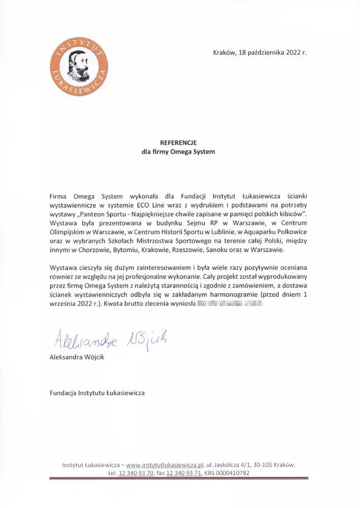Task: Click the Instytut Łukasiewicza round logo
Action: tap(79, 66)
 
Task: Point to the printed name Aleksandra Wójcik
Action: tap(77, 357)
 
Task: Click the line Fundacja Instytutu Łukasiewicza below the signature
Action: tap(97, 393)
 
